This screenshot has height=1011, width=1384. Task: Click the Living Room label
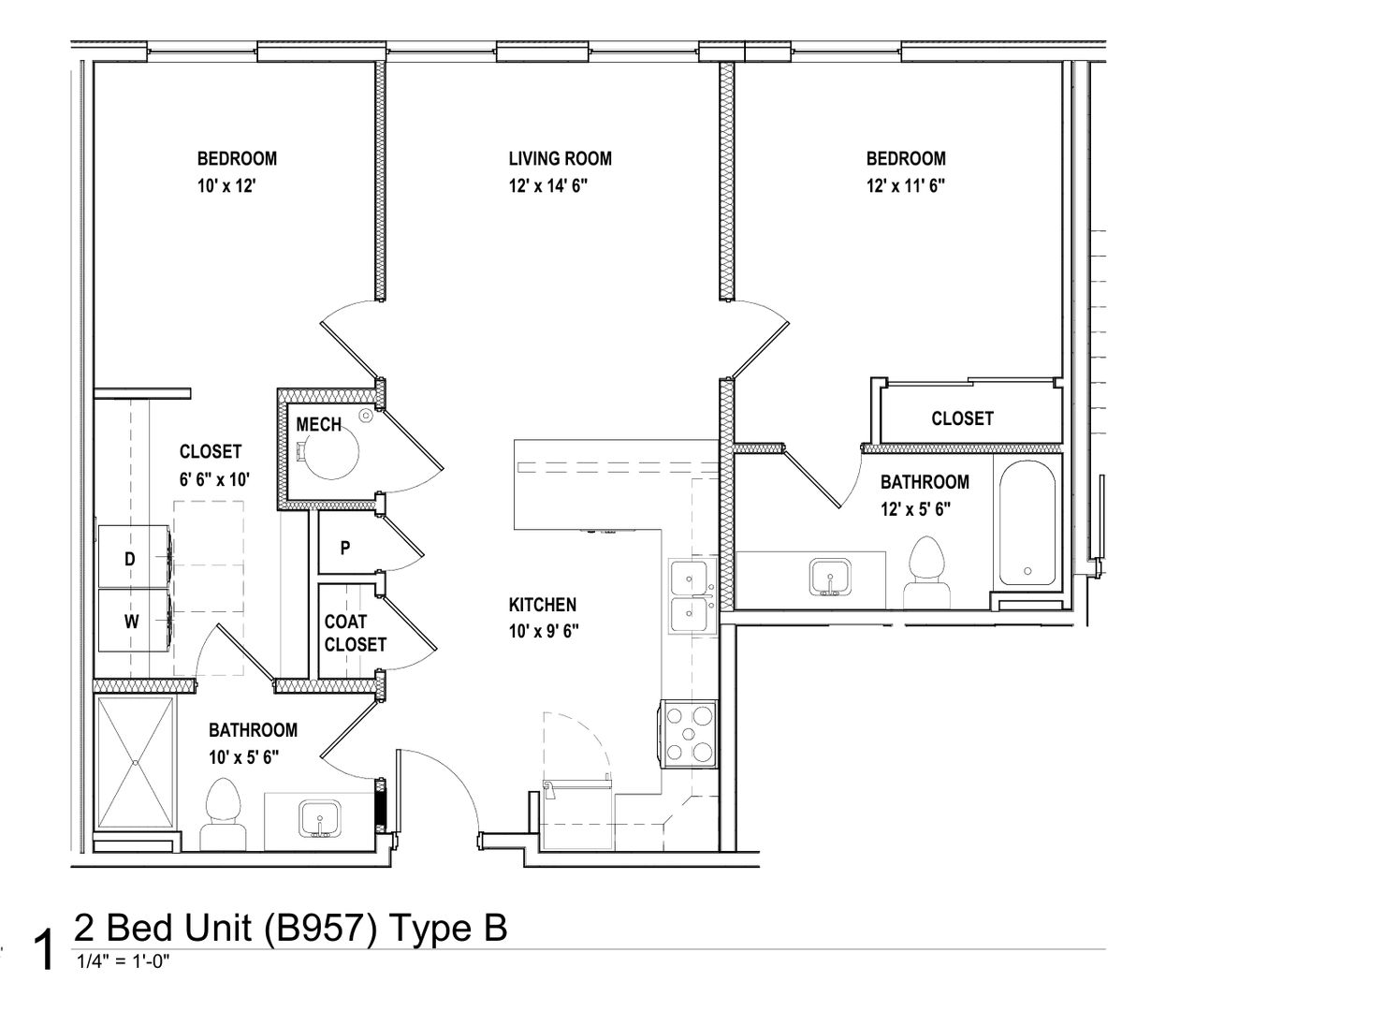[x=560, y=159]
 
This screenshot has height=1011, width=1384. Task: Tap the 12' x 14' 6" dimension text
[x=548, y=186]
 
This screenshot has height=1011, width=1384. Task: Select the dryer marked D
[x=135, y=557]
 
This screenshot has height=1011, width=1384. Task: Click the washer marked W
[x=135, y=621]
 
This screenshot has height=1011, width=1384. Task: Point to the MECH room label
[x=319, y=425]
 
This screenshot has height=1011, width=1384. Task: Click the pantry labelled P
[x=345, y=548]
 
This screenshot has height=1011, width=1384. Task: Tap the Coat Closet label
[x=356, y=633]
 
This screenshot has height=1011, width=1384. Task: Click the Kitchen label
[x=543, y=605]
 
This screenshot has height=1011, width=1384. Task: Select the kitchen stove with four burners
[x=689, y=734]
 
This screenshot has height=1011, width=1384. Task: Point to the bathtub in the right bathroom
[x=1027, y=522]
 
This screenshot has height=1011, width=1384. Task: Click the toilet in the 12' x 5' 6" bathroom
[x=926, y=573]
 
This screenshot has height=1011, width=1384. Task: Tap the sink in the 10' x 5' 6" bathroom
[x=319, y=818]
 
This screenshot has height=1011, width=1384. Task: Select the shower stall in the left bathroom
[x=135, y=763]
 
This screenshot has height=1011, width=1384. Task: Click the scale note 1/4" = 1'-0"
[x=123, y=961]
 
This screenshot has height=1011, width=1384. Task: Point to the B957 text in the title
[x=320, y=929]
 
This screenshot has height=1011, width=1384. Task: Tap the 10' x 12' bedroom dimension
[x=226, y=186]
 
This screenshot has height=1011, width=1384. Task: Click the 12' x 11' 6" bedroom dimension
[x=906, y=186]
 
